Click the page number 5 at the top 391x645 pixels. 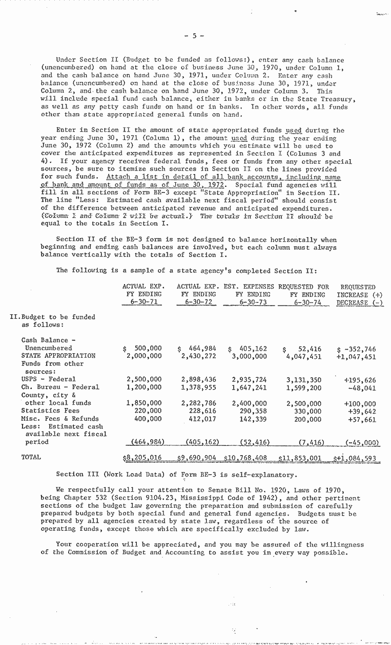[195, 36]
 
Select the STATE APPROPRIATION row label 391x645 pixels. [58, 356]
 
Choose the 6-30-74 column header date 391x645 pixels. [307, 303]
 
